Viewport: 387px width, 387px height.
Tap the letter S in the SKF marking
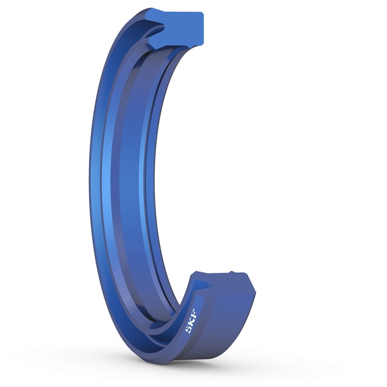(x=188, y=328)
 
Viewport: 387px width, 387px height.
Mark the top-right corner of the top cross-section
(x=202, y=14)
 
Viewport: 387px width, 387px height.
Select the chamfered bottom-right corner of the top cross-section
(x=201, y=43)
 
